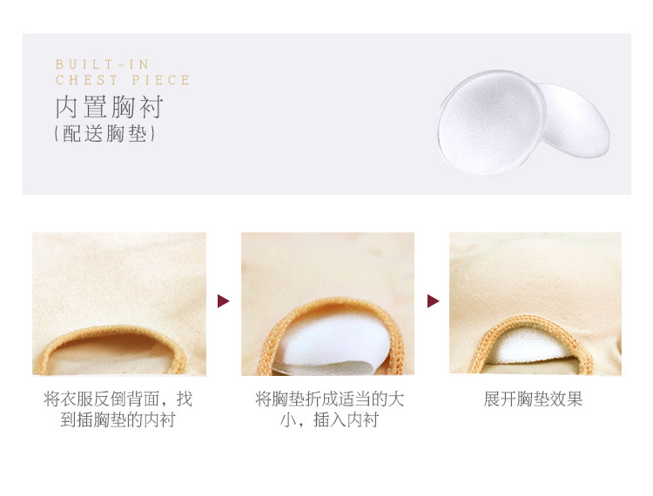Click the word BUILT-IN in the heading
pyautogui.click(x=102, y=64)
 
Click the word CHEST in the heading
pyautogui.click(x=86, y=80)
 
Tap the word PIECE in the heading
pyautogui.click(x=161, y=80)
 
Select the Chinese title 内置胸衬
pyautogui.click(x=109, y=107)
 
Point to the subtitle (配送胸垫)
pyautogui.click(x=104, y=134)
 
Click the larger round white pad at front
pyautogui.click(x=490, y=123)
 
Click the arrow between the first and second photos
pyautogui.click(x=223, y=301)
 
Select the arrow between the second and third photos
pyautogui.click(x=433, y=301)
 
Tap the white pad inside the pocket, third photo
pyautogui.click(x=528, y=346)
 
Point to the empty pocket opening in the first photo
pyautogui.click(x=111, y=353)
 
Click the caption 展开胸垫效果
pyautogui.click(x=533, y=399)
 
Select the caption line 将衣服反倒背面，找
pyautogui.click(x=118, y=399)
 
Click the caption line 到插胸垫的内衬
pyautogui.click(x=118, y=419)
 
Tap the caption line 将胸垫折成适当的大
pyautogui.click(x=329, y=399)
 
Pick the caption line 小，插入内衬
pyautogui.click(x=329, y=419)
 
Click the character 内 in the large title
pyautogui.click(x=67, y=107)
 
